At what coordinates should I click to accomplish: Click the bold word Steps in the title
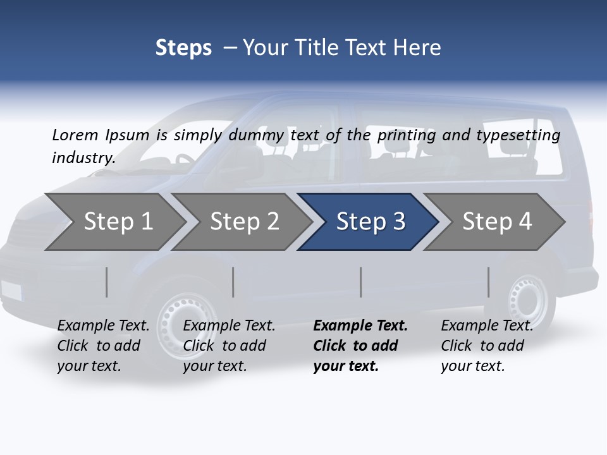tap(183, 47)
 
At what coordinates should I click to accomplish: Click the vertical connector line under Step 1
tap(107, 282)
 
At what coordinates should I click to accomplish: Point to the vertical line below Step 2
tap(233, 282)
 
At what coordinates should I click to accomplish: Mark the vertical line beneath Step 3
tap(361, 282)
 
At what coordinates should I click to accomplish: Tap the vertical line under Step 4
tap(489, 282)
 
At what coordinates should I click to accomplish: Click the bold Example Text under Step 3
tap(360, 326)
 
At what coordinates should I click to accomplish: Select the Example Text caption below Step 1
tap(103, 326)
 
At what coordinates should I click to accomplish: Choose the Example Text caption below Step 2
tap(229, 326)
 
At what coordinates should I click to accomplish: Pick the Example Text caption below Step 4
tap(487, 326)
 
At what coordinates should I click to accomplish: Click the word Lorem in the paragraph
tap(75, 135)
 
